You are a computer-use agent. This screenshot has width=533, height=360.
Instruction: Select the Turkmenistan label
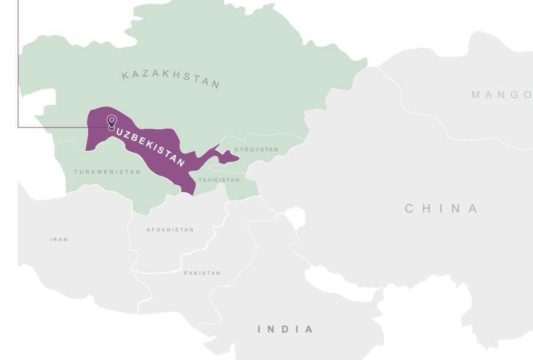[107, 172]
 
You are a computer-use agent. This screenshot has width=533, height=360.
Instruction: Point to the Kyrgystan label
[256, 150]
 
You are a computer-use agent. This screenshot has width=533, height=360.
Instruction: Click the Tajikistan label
[219, 180]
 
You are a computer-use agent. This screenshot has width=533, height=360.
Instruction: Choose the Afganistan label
[170, 230]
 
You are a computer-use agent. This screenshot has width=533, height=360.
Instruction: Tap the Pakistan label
[202, 273]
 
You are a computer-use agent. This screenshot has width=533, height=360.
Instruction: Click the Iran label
[59, 239]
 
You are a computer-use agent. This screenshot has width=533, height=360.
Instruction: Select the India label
[285, 329]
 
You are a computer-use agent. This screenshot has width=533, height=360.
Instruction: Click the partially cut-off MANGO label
[502, 95]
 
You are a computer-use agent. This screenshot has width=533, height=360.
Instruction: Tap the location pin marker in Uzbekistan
[112, 121]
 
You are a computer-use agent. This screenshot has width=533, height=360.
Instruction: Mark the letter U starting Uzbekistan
[120, 132]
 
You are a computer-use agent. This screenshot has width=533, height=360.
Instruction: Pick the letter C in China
[409, 209]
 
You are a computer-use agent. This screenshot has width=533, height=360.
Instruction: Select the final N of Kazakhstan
[216, 85]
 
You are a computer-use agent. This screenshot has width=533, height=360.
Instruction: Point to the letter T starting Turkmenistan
[75, 172]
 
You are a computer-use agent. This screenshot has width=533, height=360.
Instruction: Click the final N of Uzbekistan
[181, 163]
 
